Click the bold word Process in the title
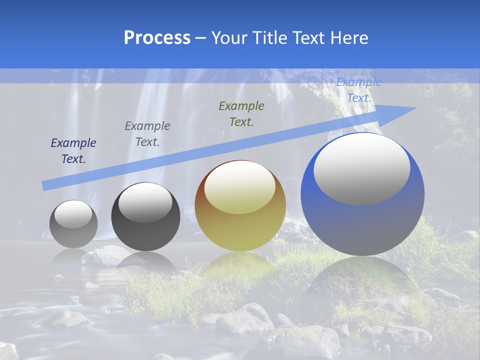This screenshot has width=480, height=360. [x=157, y=38]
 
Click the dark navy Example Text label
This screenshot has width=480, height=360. [x=73, y=151]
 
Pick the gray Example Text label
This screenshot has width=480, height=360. [x=147, y=134]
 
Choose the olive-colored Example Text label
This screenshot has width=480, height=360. [x=241, y=113]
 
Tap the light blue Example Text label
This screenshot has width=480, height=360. [x=358, y=90]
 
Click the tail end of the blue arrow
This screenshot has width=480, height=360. [x=44, y=186]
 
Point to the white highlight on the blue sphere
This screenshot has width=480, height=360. [x=362, y=168]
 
